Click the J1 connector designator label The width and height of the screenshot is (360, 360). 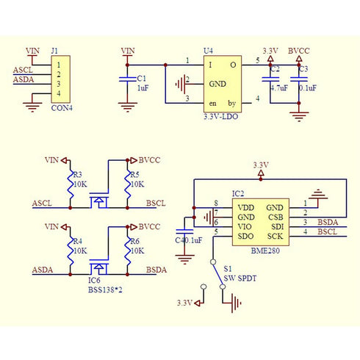pyautogui.click(x=54, y=51)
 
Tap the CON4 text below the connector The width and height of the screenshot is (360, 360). pyautogui.click(x=62, y=108)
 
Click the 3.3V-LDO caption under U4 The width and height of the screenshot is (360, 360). pyautogui.click(x=221, y=117)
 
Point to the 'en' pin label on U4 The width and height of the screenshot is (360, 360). pyautogui.click(x=212, y=104)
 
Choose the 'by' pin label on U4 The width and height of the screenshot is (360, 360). pyautogui.click(x=232, y=104)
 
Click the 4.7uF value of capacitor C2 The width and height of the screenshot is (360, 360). pyautogui.click(x=279, y=88)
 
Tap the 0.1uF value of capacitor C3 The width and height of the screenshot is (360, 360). pyautogui.click(x=308, y=88)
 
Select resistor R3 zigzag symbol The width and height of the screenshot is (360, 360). pyautogui.click(x=71, y=184)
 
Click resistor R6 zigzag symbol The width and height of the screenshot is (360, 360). pyautogui.click(x=127, y=251)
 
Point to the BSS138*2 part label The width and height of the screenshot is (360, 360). pyautogui.click(x=105, y=290)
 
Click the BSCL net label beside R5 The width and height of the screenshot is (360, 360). pyautogui.click(x=156, y=204)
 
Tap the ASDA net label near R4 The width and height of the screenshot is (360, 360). pyautogui.click(x=43, y=270)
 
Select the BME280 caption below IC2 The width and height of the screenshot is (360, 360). pyautogui.click(x=265, y=251)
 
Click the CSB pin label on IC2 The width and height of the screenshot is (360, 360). pyautogui.click(x=276, y=217)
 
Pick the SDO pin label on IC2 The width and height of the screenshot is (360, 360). pyautogui.click(x=245, y=237)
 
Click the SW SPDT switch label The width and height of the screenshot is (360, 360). pyautogui.click(x=240, y=278)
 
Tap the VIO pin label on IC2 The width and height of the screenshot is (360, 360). pyautogui.click(x=245, y=227)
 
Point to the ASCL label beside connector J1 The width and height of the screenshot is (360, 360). pyautogui.click(x=23, y=70)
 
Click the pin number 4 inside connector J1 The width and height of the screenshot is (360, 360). pyautogui.click(x=59, y=93)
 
